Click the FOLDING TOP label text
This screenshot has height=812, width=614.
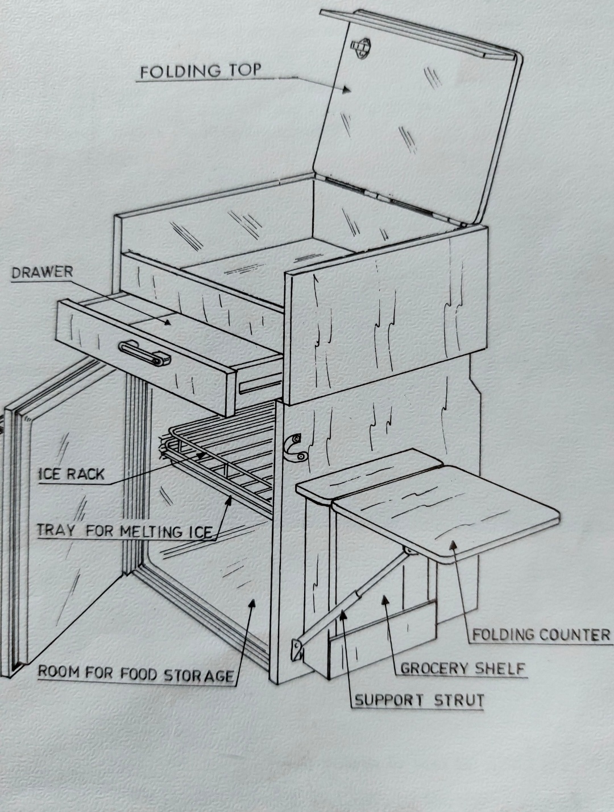tap(201, 72)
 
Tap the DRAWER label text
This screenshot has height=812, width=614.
tap(43, 272)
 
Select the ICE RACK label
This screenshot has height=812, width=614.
tap(72, 474)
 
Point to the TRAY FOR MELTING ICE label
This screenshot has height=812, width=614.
tap(125, 531)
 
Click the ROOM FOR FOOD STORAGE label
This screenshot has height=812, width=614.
tap(136, 674)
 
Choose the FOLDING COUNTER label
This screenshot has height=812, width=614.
tap(541, 634)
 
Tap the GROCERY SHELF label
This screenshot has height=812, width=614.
tap(462, 668)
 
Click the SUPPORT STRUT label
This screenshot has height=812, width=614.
tap(420, 700)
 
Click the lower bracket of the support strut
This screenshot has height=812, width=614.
tap(297, 649)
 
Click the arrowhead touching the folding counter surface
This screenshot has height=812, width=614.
tap(452, 545)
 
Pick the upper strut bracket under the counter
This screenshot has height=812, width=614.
tap(408, 551)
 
